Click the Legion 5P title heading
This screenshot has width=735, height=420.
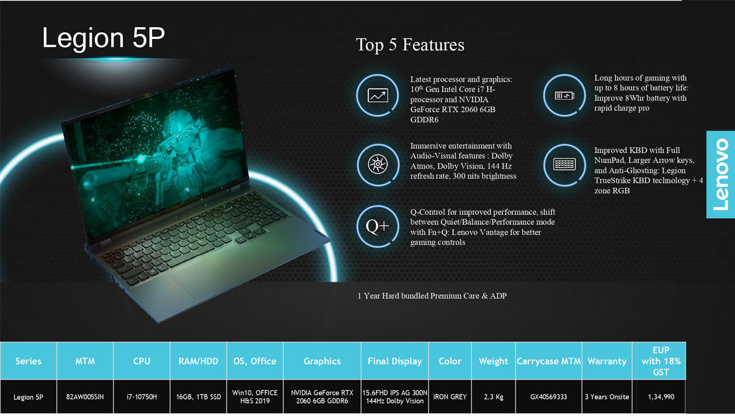click(103, 37)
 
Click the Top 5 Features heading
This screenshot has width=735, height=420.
click(410, 45)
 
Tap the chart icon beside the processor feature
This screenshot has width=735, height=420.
click(377, 95)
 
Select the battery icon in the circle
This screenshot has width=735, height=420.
click(564, 95)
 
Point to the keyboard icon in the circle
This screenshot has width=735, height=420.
click(564, 164)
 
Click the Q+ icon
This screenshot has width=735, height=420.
click(377, 226)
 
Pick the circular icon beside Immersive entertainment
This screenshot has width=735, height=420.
click(377, 164)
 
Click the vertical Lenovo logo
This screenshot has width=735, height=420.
click(721, 175)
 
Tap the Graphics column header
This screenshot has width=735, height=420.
click(322, 361)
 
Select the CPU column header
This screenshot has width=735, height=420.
click(141, 361)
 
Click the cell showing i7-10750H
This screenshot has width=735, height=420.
click(141, 396)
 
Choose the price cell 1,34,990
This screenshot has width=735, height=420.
click(661, 396)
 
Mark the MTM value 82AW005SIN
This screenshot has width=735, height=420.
click(85, 396)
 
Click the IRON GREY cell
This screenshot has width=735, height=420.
click(450, 396)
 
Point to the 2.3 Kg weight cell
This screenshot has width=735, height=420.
click(494, 396)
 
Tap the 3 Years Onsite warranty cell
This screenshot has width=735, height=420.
click(607, 396)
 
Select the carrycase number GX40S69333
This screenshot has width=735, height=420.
click(548, 396)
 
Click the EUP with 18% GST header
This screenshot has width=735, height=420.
click(661, 361)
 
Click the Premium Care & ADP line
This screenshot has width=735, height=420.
click(432, 296)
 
